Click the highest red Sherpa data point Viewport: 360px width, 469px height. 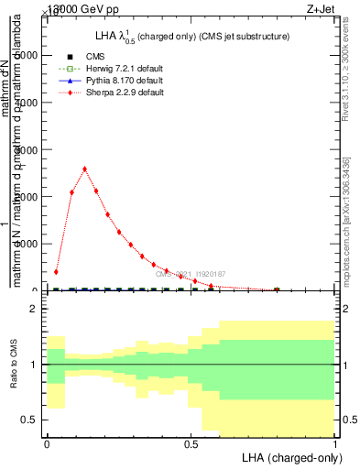click(x=84, y=169)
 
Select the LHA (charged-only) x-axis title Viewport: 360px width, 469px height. click(x=289, y=456)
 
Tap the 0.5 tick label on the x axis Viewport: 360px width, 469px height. click(x=191, y=443)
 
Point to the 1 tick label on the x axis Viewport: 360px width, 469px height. click(x=335, y=443)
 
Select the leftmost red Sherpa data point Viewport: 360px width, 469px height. click(x=56, y=272)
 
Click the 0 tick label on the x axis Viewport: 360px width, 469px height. click(x=47, y=443)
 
